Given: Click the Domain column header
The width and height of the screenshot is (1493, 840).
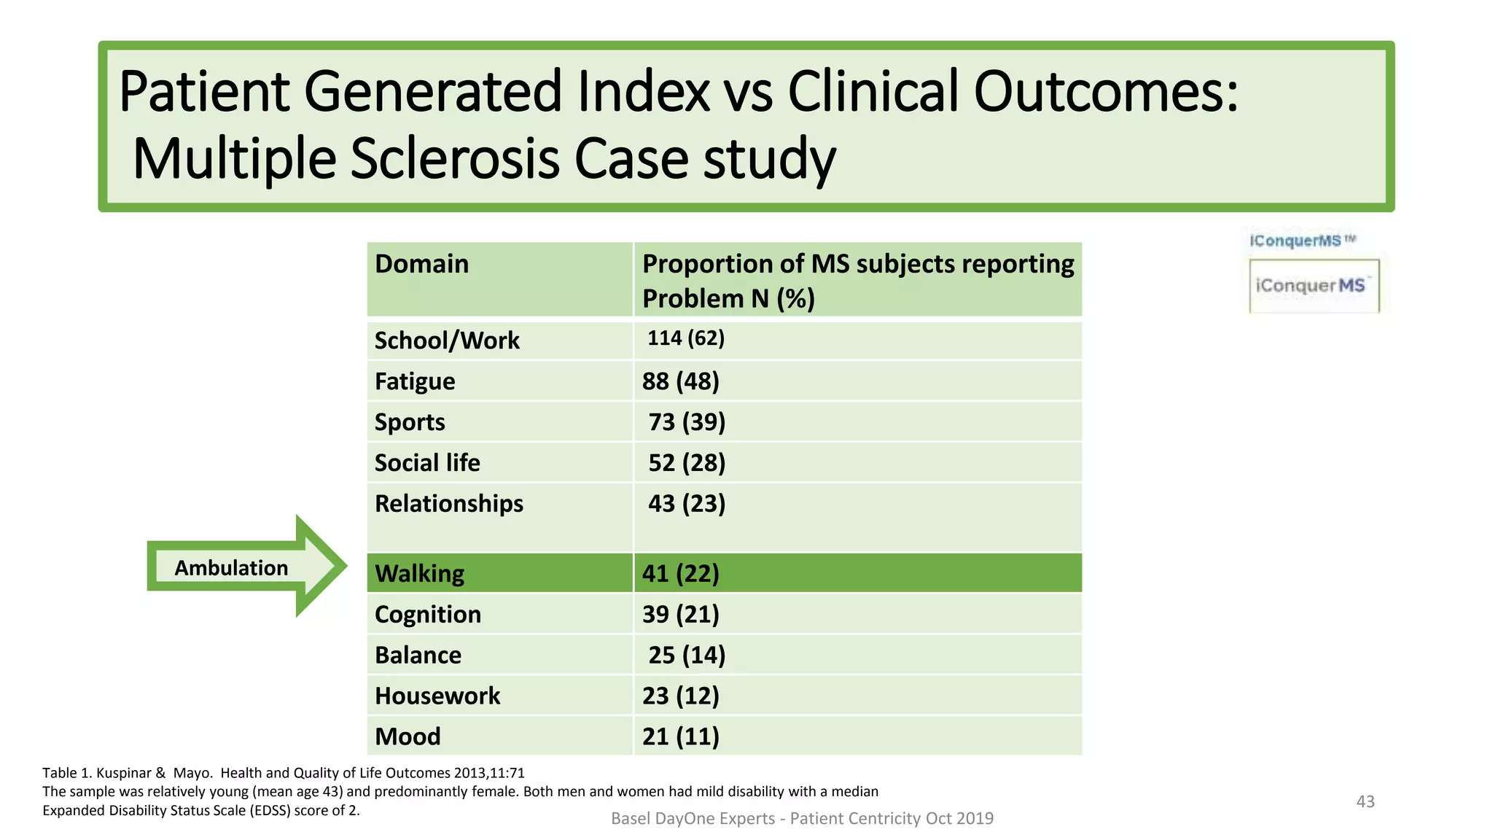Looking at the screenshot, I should click(x=421, y=264).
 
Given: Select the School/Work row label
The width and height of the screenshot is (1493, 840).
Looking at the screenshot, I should click(x=447, y=341).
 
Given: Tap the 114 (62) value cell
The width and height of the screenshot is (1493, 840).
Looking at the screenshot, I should click(x=686, y=338).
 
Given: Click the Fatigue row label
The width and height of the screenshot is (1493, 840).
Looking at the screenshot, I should click(x=415, y=381).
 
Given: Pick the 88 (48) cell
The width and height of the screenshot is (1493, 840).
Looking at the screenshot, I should click(x=680, y=381).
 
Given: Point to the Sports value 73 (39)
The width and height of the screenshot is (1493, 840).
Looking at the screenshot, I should click(x=687, y=422).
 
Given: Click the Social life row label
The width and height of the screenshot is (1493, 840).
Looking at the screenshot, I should click(x=427, y=463).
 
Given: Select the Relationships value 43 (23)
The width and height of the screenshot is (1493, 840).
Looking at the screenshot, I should click(x=687, y=504).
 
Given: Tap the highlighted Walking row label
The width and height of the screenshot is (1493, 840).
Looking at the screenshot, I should click(x=419, y=574).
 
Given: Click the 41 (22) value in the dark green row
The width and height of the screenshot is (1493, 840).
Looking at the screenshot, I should click(x=680, y=574).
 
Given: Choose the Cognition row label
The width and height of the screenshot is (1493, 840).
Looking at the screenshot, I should click(x=428, y=615).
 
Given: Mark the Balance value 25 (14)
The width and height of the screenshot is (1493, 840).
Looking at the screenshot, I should click(x=687, y=656).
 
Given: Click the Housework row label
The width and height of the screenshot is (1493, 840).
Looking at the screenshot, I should click(x=437, y=696).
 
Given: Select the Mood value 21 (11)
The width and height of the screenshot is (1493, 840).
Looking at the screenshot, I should click(x=680, y=737).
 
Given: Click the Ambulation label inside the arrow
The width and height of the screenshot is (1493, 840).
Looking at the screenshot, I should click(x=231, y=568).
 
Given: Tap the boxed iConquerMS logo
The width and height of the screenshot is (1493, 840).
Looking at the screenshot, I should click(x=1314, y=286).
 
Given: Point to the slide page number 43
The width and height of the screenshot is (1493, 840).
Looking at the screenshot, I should click(x=1365, y=801).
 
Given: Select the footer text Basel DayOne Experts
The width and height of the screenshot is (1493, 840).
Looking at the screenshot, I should click(x=693, y=819).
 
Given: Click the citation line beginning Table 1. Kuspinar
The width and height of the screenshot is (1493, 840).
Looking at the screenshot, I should click(x=283, y=773).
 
